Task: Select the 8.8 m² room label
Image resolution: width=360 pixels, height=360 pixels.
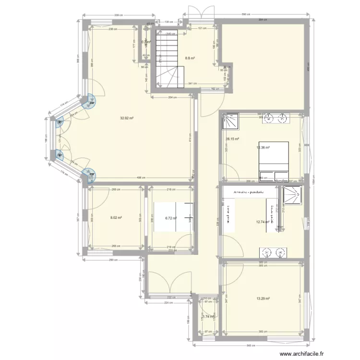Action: tap(190, 59)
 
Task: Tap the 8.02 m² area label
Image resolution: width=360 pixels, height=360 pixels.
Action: tap(116, 217)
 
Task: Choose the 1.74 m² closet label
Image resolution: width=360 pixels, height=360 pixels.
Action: tap(207, 317)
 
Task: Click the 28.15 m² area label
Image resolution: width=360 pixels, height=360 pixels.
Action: tap(232, 140)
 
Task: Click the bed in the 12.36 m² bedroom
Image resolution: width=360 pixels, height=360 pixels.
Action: tap(274, 160)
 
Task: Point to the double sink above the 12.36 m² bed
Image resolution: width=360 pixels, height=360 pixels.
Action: tap(276, 118)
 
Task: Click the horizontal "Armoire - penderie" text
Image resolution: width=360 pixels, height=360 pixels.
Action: tap(249, 192)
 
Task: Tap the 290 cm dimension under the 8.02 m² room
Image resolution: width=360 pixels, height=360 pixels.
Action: tap(111, 260)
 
